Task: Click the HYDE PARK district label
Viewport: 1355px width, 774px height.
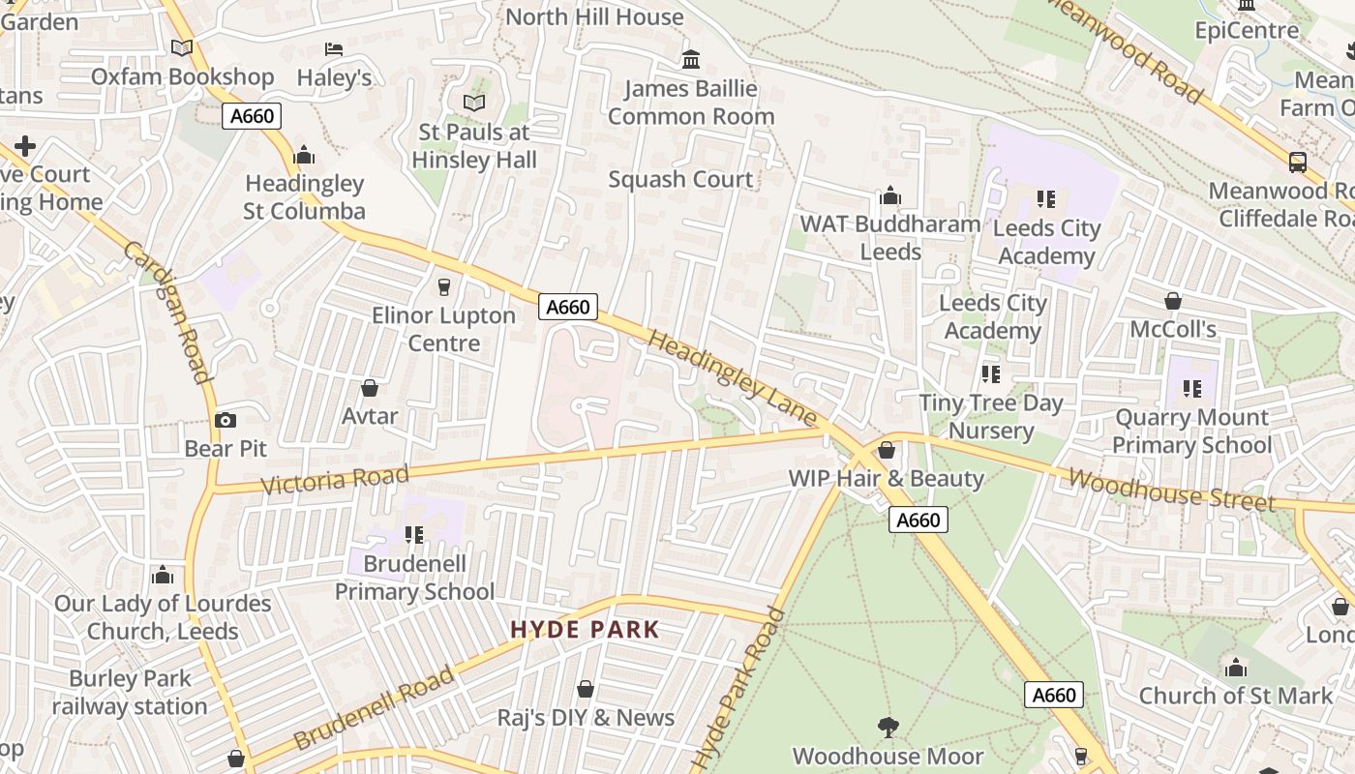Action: coord(585,630)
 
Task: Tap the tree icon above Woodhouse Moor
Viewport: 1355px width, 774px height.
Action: coord(888,727)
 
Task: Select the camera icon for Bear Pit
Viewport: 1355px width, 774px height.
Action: coord(225,420)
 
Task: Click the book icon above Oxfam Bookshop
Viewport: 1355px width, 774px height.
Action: coord(182,47)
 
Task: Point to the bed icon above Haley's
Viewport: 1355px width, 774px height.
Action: coord(334,48)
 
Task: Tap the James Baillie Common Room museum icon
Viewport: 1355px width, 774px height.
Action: coord(691,60)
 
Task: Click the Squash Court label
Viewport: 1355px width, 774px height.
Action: coord(680,179)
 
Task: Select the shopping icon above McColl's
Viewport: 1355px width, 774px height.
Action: coord(1173,301)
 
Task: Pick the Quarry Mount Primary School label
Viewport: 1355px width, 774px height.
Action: coord(1191,432)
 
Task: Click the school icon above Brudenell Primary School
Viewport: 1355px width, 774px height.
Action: coord(414,534)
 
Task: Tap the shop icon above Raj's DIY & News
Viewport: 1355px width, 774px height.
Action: coord(586,689)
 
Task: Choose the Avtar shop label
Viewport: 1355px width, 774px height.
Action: coord(370,416)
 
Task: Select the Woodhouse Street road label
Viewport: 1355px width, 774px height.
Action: coord(1171,490)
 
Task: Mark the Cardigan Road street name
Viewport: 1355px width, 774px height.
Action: coord(166,311)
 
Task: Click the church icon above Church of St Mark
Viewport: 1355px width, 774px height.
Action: coord(1235,668)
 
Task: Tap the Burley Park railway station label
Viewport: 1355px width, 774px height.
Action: coord(130,693)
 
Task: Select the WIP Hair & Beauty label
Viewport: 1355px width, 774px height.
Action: coord(886,478)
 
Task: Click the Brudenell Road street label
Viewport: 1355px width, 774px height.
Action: coord(374,708)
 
